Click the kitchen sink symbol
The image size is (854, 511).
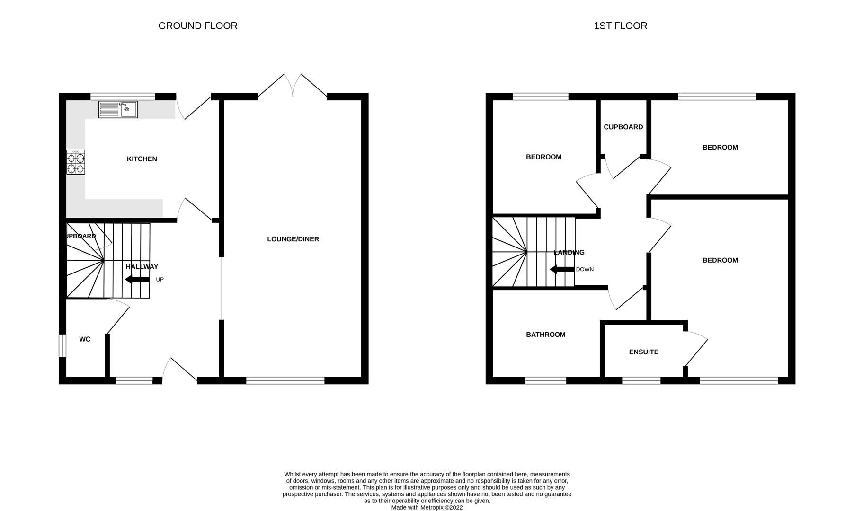pos(118,109)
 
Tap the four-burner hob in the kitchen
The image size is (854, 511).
pos(76,162)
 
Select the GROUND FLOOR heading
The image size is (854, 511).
pos(198,26)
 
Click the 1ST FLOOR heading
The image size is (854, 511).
pos(620,26)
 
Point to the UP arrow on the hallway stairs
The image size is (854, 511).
pos(137,280)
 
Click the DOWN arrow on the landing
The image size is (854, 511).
pos(562,270)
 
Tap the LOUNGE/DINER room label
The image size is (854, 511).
pos(293,239)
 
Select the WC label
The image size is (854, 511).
pos(85,339)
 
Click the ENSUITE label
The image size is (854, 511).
pos(643,352)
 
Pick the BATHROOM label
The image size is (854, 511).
pos(545,335)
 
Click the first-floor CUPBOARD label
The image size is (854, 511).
pos(623,127)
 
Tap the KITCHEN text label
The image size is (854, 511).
pos(142,159)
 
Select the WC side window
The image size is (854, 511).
pos(62,346)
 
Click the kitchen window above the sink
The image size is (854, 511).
pos(123,96)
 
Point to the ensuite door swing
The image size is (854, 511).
pos(695,349)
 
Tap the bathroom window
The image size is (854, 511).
pos(545,380)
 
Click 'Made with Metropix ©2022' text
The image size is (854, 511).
pos(427,507)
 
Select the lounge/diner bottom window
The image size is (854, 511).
pos(285,380)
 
